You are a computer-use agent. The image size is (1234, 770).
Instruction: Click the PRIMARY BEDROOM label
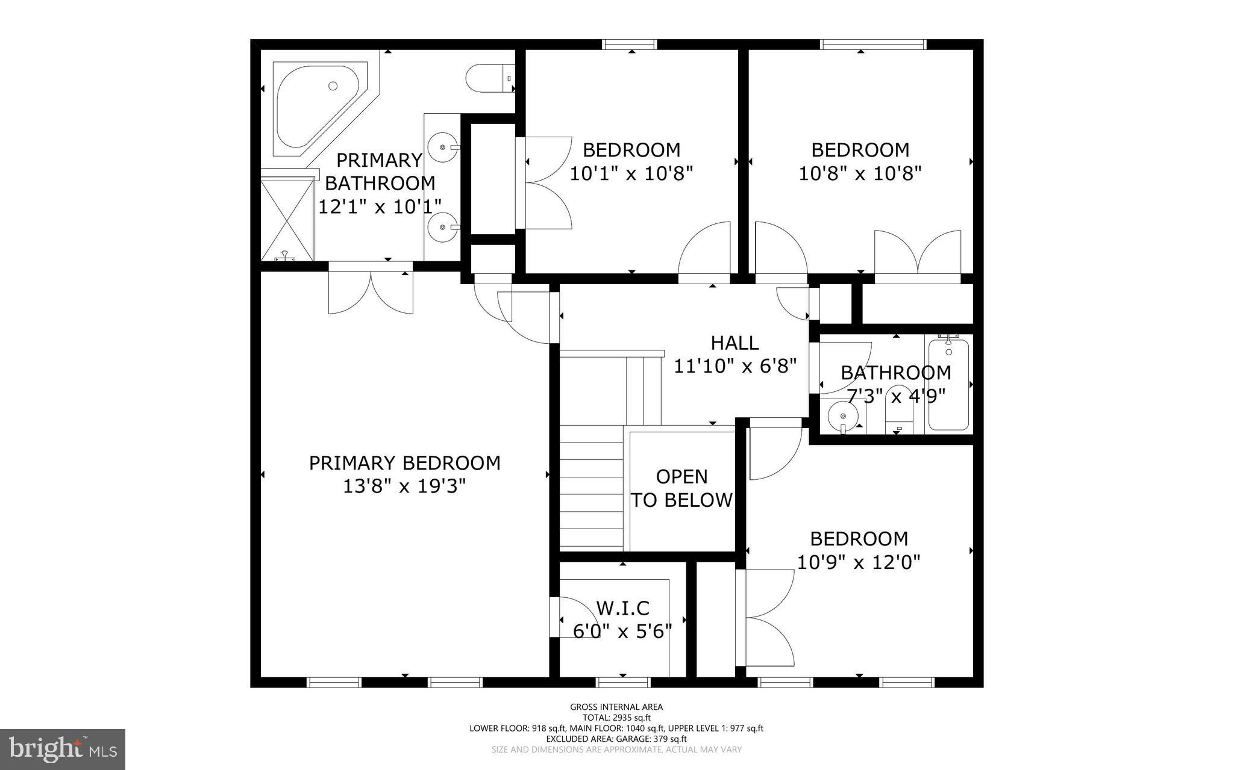click(x=404, y=463)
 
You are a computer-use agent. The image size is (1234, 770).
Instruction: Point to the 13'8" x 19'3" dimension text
click(x=404, y=486)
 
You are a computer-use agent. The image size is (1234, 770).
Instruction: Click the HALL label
click(x=734, y=343)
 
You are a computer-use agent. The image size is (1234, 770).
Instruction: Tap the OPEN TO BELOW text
click(x=681, y=488)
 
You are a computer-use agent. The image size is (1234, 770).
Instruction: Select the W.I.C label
click(x=622, y=608)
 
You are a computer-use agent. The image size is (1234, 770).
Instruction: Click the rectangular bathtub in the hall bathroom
click(x=948, y=385)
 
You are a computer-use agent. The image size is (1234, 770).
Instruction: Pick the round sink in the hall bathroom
click(x=843, y=415)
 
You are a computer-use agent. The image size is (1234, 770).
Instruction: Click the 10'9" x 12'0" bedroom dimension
click(x=859, y=562)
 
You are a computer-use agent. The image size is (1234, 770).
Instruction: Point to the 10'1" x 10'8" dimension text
click(x=631, y=174)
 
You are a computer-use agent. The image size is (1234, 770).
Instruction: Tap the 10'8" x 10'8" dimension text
click(x=860, y=174)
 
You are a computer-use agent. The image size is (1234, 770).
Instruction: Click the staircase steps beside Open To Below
click(x=591, y=488)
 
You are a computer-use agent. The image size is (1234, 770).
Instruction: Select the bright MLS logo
click(x=63, y=749)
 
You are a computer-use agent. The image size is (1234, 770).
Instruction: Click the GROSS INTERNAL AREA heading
click(x=616, y=707)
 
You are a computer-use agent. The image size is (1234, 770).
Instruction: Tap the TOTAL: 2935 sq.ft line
click(x=616, y=718)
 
